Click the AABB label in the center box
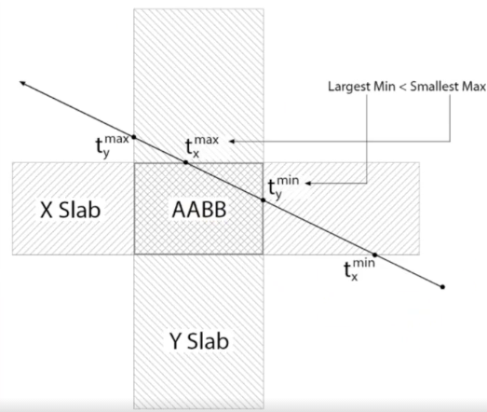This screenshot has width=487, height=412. click(x=199, y=210)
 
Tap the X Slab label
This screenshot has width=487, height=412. click(x=71, y=210)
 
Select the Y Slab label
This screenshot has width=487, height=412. click(x=199, y=341)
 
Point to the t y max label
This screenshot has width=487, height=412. click(x=112, y=145)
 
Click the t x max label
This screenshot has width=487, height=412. click(x=202, y=146)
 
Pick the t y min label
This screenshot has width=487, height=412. click(x=283, y=187)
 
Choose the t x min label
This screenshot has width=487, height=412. click(x=359, y=269)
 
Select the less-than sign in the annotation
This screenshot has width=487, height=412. click(x=402, y=88)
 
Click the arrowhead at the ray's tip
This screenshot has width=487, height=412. click(x=22, y=83)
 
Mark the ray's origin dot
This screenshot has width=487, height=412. click(x=442, y=287)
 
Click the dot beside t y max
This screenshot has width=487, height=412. click(x=134, y=137)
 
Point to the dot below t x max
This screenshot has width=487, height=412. click(x=185, y=162)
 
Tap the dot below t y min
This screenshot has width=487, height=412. click(x=264, y=199)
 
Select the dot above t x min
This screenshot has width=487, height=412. click(x=375, y=255)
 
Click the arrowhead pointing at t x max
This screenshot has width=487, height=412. click(x=232, y=142)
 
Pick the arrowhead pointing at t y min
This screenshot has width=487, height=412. click(x=308, y=183)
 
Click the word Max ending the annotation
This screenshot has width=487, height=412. click(x=474, y=87)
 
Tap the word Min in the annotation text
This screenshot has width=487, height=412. click(x=385, y=87)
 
